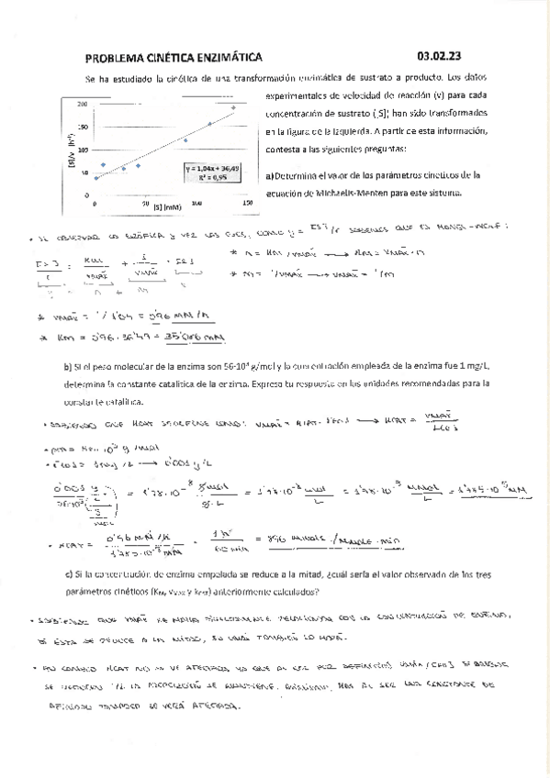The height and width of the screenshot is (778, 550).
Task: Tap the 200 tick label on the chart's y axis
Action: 84,103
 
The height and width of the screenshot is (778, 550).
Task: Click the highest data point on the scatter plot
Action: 233,107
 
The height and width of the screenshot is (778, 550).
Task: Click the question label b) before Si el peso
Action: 68,367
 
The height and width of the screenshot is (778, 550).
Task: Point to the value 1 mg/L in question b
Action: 458,367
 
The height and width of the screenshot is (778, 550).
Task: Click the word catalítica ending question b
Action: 123,402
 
